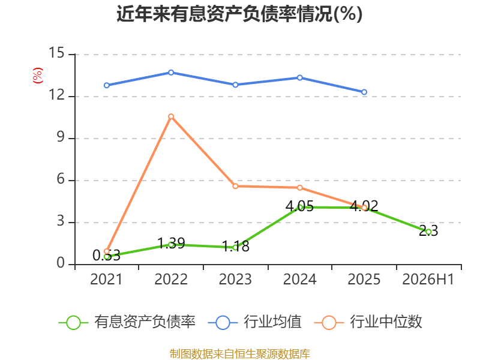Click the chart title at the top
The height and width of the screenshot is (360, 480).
pos(239,14)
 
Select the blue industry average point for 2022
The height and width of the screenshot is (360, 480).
pos(171,73)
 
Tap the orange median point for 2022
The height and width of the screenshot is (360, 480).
pos(171,116)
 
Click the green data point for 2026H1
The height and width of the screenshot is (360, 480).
pos(428,232)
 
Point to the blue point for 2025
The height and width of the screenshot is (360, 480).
pos(364,92)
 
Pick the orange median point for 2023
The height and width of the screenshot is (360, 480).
pos(235,186)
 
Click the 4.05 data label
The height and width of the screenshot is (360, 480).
pos(299,206)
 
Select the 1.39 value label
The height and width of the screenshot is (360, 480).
pos(171,244)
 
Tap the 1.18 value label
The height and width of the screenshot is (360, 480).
pos(235,247)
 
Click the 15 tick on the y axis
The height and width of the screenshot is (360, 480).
pos(56,53)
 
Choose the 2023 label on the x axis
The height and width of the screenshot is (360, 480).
pos(235,279)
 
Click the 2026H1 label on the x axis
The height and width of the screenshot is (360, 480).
pos(428,279)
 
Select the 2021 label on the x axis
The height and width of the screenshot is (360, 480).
pos(106,279)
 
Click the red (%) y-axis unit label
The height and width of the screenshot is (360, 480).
pos(38,76)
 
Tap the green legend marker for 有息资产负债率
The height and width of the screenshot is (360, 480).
pos(73,323)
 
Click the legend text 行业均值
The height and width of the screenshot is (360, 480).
pos(272,322)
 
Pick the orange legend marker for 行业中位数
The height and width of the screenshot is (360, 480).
pos(329,323)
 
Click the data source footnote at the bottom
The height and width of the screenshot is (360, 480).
pos(240,354)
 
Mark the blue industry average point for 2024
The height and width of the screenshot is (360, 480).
pos(300,78)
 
